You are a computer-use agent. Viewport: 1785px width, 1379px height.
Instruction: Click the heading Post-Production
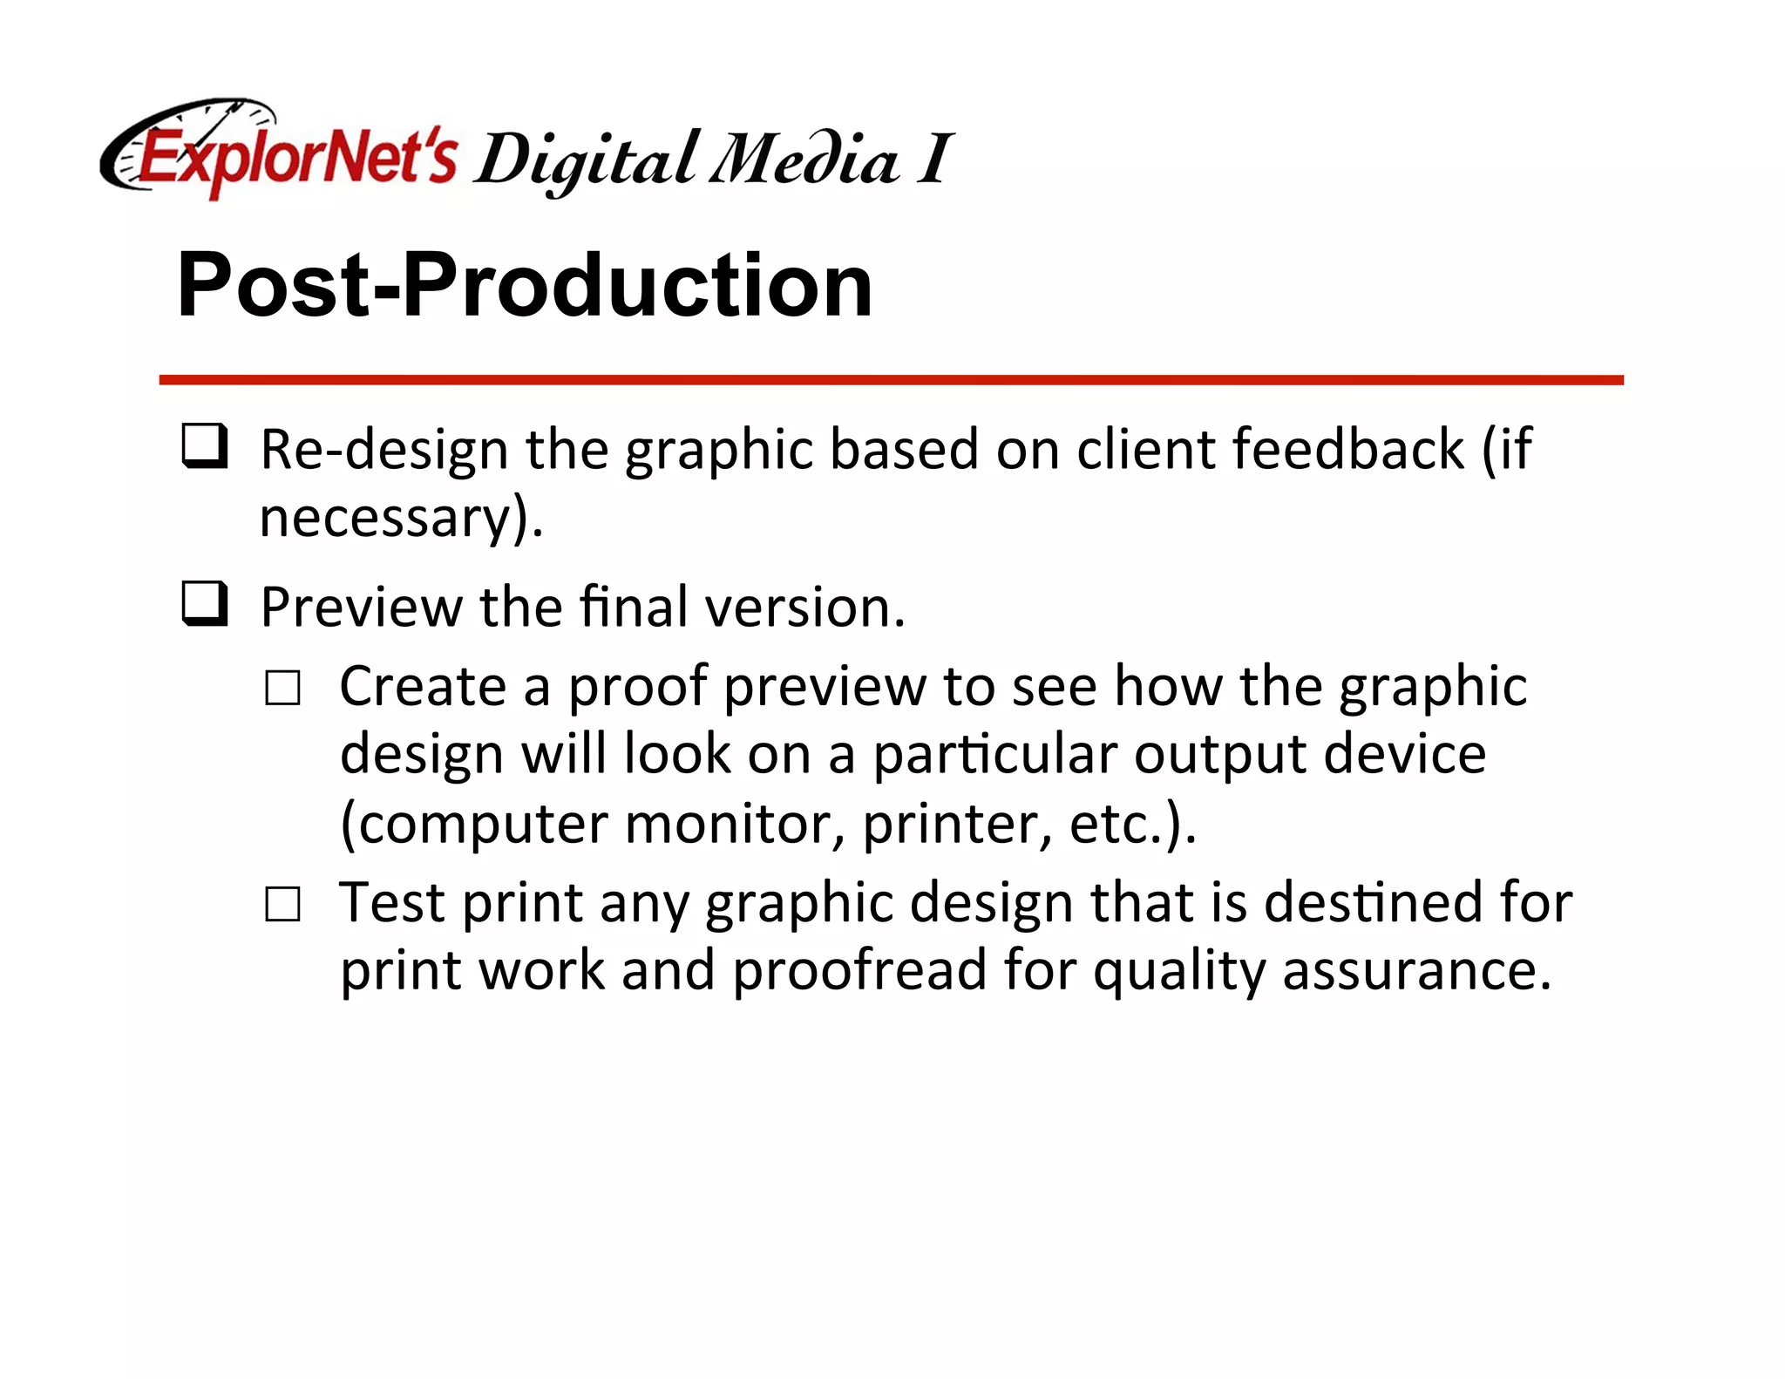point(525,285)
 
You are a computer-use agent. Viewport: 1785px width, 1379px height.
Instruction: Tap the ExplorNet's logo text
point(296,159)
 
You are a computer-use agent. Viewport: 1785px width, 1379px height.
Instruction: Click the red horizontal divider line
point(891,380)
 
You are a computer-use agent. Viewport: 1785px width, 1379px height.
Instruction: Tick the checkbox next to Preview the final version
point(205,603)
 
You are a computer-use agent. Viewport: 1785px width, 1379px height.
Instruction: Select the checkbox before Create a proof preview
point(283,688)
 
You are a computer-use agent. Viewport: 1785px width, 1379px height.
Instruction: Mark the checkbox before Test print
point(283,904)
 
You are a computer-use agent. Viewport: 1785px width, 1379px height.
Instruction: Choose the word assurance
point(1416,971)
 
